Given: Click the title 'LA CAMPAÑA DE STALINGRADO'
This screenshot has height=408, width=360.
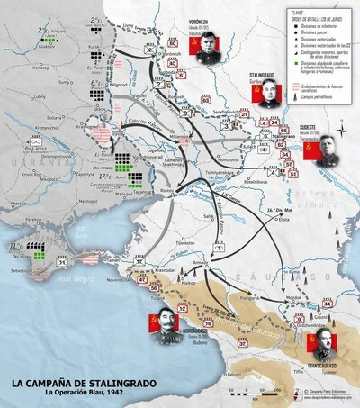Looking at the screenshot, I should pyautogui.click(x=80, y=382).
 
